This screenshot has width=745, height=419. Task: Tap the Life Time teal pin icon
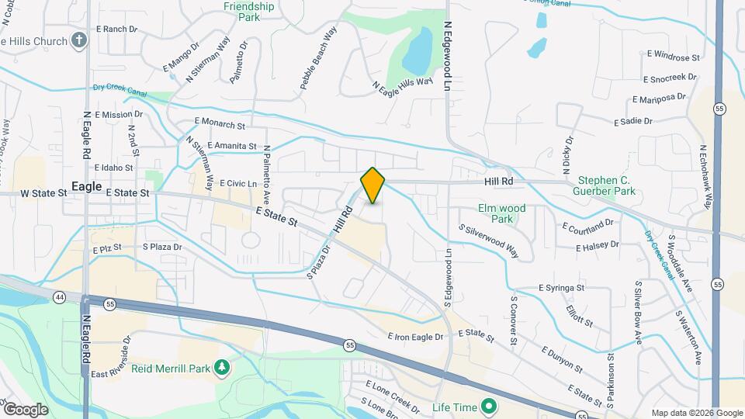pyautogui.click(x=489, y=406)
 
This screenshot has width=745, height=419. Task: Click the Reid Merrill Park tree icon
pyautogui.click(x=223, y=366)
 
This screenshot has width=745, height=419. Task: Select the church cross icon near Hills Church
pyautogui.click(x=78, y=40)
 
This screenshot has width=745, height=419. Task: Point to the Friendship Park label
pyautogui.click(x=248, y=11)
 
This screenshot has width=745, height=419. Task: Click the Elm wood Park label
pyautogui.click(x=502, y=213)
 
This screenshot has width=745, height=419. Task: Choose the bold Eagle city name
pyautogui.click(x=87, y=186)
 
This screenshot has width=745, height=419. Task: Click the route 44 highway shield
pyautogui.click(x=60, y=296)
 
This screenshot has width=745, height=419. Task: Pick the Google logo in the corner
pyautogui.click(x=25, y=409)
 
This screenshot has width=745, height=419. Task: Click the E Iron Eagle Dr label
pyautogui.click(x=415, y=337)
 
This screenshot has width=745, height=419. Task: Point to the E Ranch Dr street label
pyautogui.click(x=116, y=29)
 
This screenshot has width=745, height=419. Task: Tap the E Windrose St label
pyautogui.click(x=672, y=57)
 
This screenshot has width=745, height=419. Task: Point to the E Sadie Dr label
pyautogui.click(x=633, y=122)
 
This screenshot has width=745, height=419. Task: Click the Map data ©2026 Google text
pyautogui.click(x=696, y=413)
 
